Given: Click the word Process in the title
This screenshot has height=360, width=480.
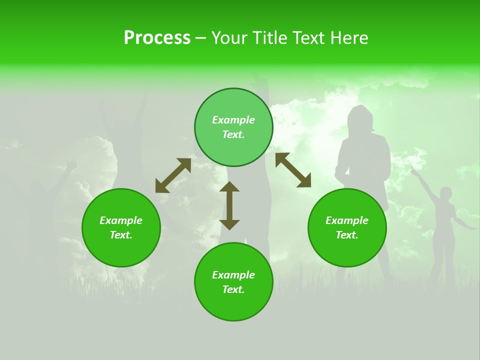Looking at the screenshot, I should coord(157,38).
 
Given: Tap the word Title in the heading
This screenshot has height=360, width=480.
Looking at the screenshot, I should coord(269,38).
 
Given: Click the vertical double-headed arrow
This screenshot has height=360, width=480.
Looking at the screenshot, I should coord(229,205).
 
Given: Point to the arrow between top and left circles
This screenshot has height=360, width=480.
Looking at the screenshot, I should coord(173,175).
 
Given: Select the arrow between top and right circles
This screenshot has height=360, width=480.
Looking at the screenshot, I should coord(293,170).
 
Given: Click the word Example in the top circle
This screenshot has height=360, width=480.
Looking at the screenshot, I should coord(233,120).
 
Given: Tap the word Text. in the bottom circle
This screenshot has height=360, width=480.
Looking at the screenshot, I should coord(233,289).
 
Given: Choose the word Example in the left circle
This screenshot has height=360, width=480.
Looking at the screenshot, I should coord(121,220).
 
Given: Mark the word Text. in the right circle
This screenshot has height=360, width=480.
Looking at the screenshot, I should coord(347,235).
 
